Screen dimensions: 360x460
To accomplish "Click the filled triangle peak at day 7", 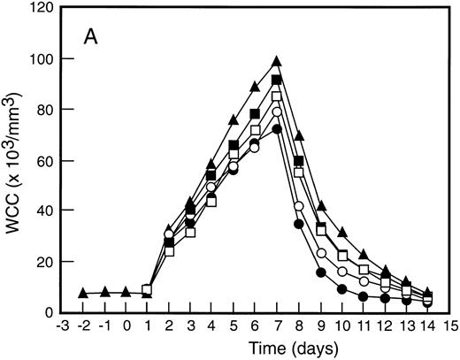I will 277,61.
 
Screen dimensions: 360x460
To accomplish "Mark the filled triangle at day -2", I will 82,293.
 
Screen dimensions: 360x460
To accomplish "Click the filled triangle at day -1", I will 104,292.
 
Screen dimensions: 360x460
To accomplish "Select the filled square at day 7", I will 277,80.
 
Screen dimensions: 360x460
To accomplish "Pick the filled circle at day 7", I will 277,129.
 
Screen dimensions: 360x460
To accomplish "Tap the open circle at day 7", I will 277,112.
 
